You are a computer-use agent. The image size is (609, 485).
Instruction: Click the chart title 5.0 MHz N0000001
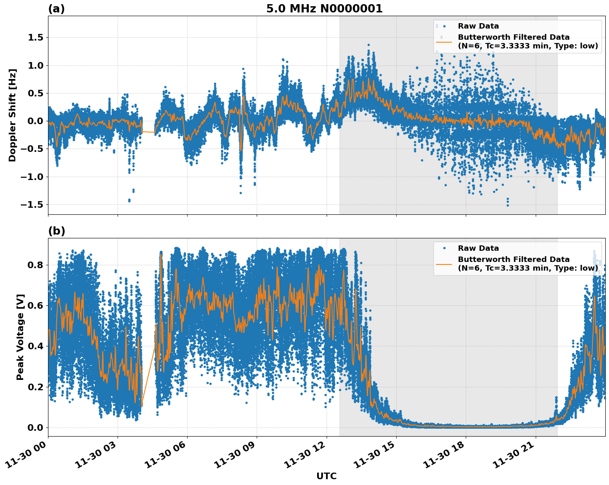(324, 9)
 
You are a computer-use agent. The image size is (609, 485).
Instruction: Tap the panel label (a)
(56, 9)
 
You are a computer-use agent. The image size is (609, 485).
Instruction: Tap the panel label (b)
(56, 231)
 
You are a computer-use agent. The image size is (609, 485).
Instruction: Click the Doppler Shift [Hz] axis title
(12, 115)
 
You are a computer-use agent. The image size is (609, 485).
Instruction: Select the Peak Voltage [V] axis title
(20, 337)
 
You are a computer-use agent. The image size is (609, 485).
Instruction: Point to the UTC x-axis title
(326, 476)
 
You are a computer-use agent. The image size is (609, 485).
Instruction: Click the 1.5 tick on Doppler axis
(35, 38)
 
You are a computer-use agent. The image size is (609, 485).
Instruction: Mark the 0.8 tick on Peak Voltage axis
(35, 265)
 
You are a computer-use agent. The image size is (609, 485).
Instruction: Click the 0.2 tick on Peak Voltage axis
(35, 387)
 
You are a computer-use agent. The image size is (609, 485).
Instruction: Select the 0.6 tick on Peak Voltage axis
(35, 305)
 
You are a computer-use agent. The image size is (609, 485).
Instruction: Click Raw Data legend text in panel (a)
(478, 26)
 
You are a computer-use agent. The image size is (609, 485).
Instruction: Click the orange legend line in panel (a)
(444, 41)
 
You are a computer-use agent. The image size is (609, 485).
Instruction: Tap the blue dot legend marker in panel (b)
(444, 248)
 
